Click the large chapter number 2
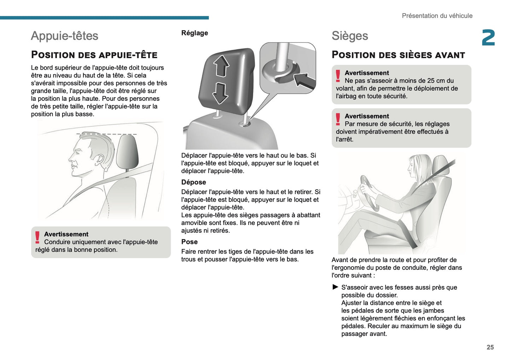click(488, 38)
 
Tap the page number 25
click(490, 347)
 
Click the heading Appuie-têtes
click(64, 36)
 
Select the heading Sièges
click(349, 36)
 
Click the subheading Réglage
click(194, 33)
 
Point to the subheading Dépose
click(193, 182)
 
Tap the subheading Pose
click(189, 242)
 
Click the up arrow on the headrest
click(221, 66)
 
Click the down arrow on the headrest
click(220, 93)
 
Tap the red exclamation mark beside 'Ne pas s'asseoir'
click(338, 76)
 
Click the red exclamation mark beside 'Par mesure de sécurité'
click(338, 119)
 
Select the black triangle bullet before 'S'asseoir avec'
click(335, 287)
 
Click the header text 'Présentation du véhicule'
click(437, 16)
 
